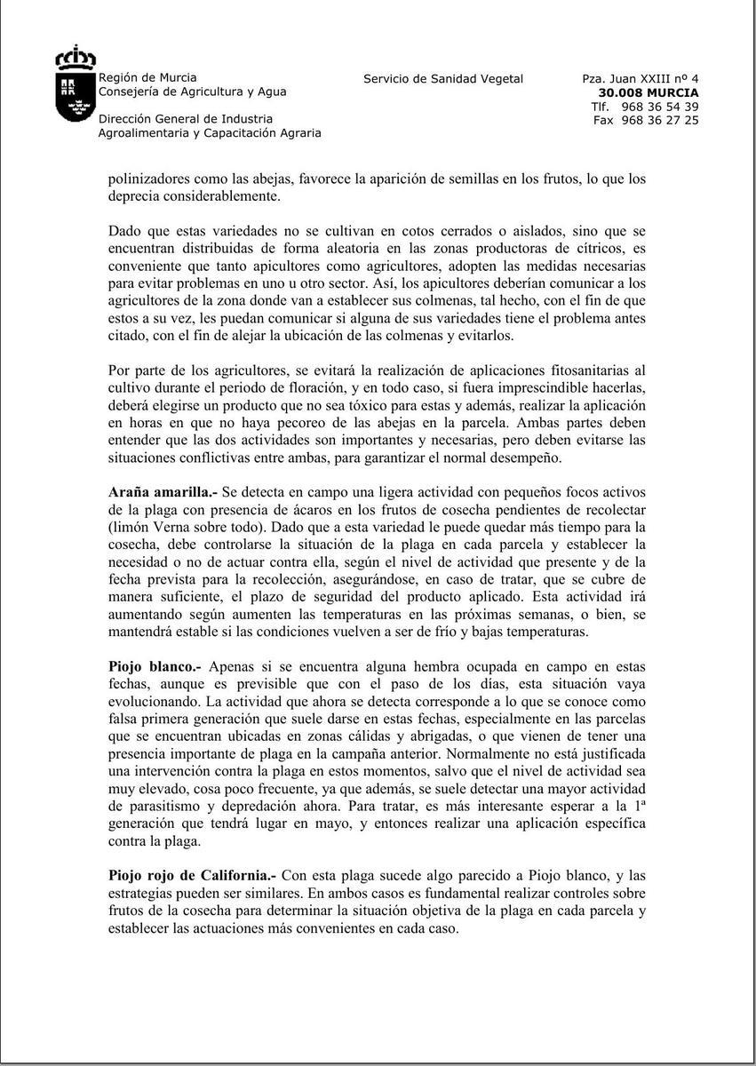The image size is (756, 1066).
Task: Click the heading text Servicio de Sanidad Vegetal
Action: point(443,79)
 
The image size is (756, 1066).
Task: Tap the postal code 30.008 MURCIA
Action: point(649,92)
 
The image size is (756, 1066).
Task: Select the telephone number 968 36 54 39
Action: point(660,107)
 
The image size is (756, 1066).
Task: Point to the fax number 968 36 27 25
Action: point(660,120)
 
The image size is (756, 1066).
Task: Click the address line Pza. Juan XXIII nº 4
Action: point(641,79)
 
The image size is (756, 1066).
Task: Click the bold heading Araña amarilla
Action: point(160,492)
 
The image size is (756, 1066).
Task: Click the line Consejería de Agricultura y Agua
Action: point(192,91)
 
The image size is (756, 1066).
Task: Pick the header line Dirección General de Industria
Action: point(186,119)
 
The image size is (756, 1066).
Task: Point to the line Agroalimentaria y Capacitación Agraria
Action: point(210,133)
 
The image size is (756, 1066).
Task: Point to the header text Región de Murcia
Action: point(147,77)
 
